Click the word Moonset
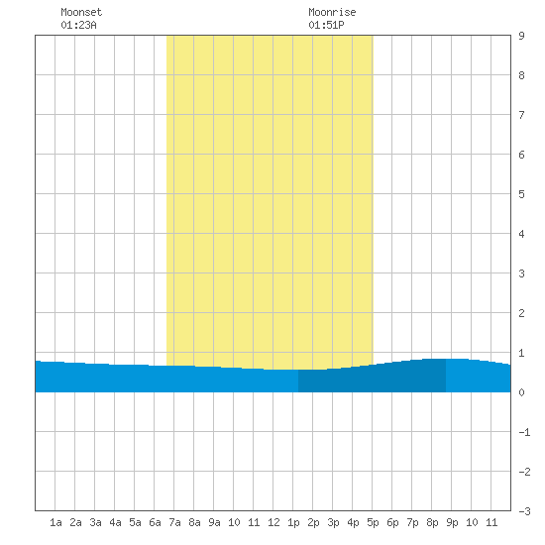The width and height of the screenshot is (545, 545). (x=81, y=12)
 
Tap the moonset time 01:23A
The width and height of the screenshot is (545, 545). (x=78, y=25)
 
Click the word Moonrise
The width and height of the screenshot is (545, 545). (x=332, y=12)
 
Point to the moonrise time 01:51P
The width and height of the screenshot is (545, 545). (x=326, y=25)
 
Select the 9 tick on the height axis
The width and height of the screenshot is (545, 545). (x=521, y=36)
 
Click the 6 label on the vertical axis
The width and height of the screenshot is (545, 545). (x=521, y=155)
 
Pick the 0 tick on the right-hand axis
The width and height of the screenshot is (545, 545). (x=521, y=392)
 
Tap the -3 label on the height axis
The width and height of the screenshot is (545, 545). (x=524, y=511)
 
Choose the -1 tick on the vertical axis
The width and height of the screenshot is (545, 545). (x=524, y=432)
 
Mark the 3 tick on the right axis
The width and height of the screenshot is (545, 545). (x=521, y=273)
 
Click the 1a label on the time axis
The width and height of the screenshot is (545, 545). (x=55, y=522)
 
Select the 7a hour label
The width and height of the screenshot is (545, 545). (x=174, y=522)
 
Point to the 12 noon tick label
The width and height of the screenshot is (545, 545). (x=273, y=522)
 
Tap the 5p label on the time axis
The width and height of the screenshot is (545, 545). (x=373, y=522)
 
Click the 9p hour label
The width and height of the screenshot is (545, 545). (x=452, y=522)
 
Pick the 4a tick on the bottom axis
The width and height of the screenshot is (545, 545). (x=115, y=522)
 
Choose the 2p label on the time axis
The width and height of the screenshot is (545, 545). (x=313, y=522)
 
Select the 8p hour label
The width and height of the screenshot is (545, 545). (x=432, y=522)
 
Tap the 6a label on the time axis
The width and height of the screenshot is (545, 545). (x=155, y=522)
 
